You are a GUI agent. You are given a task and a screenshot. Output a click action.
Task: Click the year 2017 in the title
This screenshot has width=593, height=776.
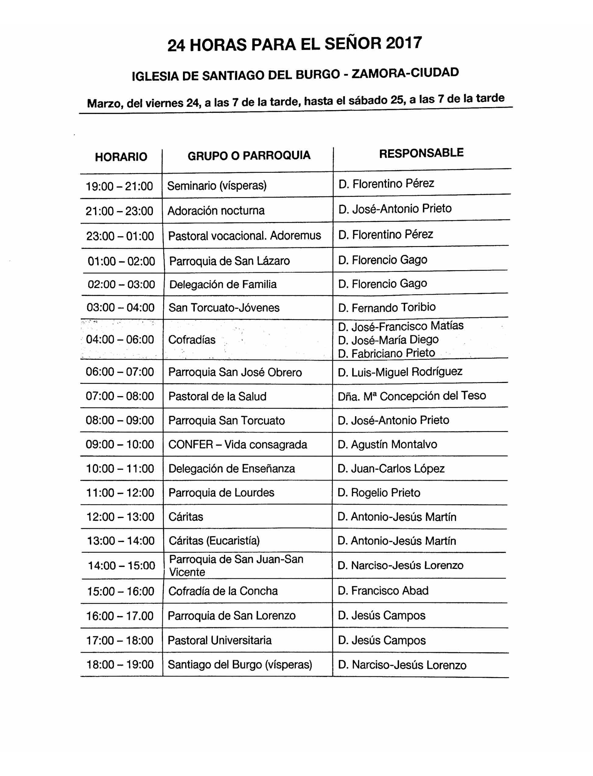tap(403, 43)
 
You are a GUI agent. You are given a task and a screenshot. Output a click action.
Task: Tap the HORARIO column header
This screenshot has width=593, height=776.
tap(121, 157)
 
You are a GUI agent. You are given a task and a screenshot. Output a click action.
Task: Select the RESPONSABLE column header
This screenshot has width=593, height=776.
tap(421, 153)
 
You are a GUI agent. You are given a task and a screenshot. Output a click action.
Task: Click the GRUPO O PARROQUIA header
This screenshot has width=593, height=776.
tap(249, 155)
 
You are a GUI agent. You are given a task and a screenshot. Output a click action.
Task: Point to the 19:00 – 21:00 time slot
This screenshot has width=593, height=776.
tap(119, 186)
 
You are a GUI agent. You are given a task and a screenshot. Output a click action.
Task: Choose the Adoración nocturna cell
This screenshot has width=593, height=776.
tap(216, 211)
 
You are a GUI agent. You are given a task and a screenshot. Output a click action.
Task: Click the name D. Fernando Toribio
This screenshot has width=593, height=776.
tap(387, 308)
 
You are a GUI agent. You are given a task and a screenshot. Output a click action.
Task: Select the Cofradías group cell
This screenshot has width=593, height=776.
tap(192, 340)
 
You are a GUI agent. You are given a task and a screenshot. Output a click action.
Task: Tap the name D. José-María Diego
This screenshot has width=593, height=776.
tap(388, 340)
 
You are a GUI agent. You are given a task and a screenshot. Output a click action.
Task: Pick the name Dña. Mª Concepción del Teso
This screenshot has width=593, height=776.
tap(412, 396)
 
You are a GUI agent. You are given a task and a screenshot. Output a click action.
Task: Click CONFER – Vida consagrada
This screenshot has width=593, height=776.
tap(237, 444)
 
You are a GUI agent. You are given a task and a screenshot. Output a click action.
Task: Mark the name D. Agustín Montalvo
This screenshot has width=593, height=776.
tap(387, 444)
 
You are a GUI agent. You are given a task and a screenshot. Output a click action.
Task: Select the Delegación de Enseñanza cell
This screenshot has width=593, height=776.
tap(232, 469)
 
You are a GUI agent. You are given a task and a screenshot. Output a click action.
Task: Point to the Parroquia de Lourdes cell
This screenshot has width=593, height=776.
tap(221, 493)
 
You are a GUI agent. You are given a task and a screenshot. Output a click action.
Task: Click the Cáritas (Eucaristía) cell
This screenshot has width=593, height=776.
tap(214, 541)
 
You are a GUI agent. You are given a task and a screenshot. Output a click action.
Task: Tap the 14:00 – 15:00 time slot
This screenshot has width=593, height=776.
tap(121, 566)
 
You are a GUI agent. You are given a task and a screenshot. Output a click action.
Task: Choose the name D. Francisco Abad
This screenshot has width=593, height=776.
tap(383, 591)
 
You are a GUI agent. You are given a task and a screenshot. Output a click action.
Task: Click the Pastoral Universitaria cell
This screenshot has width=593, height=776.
tap(219, 640)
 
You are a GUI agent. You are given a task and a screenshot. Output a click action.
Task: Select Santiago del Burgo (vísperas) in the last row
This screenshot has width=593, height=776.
tap(240, 665)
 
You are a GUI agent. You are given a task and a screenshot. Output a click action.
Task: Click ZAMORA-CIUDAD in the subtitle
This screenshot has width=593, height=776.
tap(405, 73)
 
